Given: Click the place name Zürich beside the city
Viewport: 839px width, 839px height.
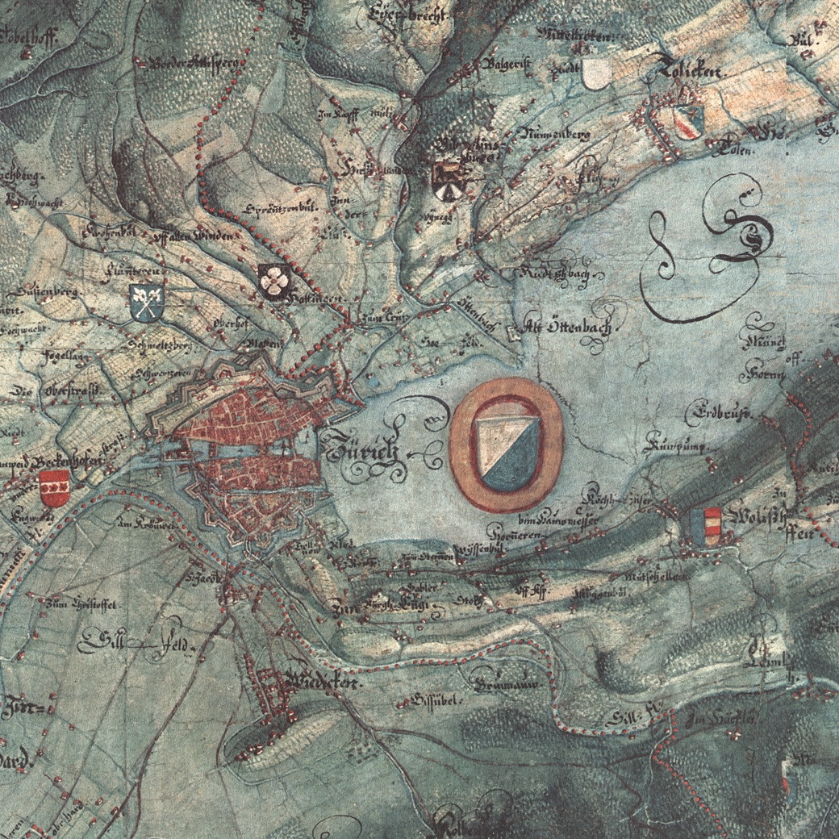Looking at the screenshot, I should pyautogui.click(x=363, y=452).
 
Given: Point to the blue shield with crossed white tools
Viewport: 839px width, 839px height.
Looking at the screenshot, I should pyautogui.click(x=147, y=301).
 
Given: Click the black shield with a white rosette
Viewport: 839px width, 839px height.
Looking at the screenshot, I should pyautogui.click(x=274, y=280).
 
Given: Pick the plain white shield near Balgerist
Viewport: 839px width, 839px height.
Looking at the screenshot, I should pyautogui.click(x=595, y=74).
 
